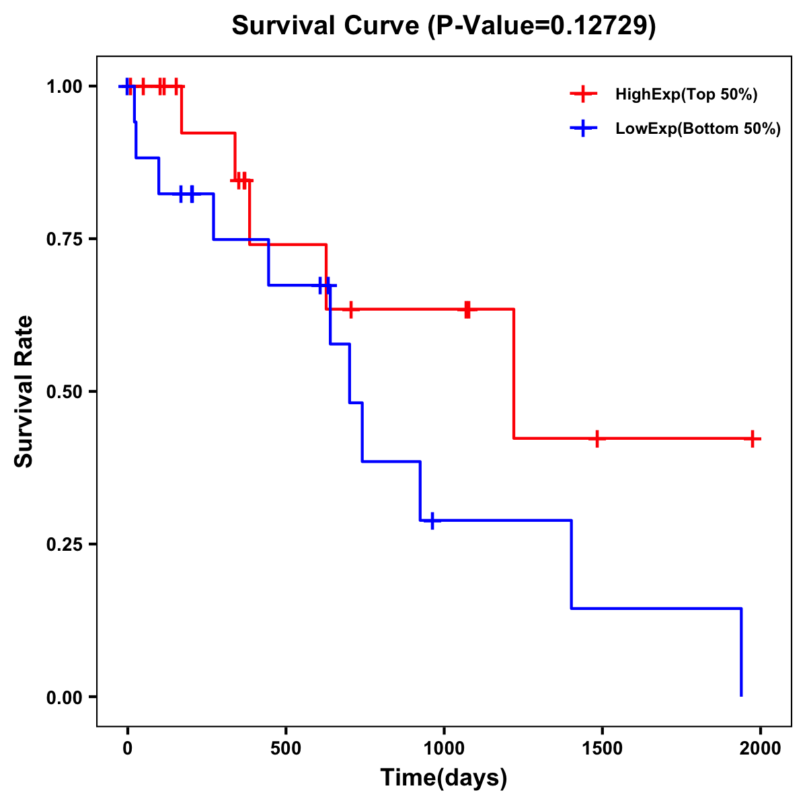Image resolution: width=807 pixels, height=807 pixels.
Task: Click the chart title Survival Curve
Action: [x=328, y=26]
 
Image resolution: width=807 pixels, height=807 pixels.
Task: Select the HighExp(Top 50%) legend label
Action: [x=686, y=94]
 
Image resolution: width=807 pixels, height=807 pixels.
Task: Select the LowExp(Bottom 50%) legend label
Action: [x=698, y=129]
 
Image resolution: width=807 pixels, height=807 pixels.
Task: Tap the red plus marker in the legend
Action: [x=583, y=94]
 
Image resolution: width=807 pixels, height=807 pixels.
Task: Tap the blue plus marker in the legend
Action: [x=583, y=129]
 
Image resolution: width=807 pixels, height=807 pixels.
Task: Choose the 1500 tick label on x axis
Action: [x=602, y=748]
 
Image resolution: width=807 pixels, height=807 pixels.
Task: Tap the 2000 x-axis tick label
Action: [x=760, y=748]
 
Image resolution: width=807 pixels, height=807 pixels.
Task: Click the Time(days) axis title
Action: [x=444, y=778]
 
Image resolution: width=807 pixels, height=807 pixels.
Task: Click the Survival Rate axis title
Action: [x=24, y=391]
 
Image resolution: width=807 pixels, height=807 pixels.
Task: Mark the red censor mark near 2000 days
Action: [x=753, y=438]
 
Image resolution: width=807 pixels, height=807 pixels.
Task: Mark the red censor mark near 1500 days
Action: [x=596, y=438]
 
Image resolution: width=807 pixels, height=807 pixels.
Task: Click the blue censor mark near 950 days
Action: [x=432, y=521]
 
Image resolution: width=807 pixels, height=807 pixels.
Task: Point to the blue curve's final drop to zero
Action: [x=741, y=652]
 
